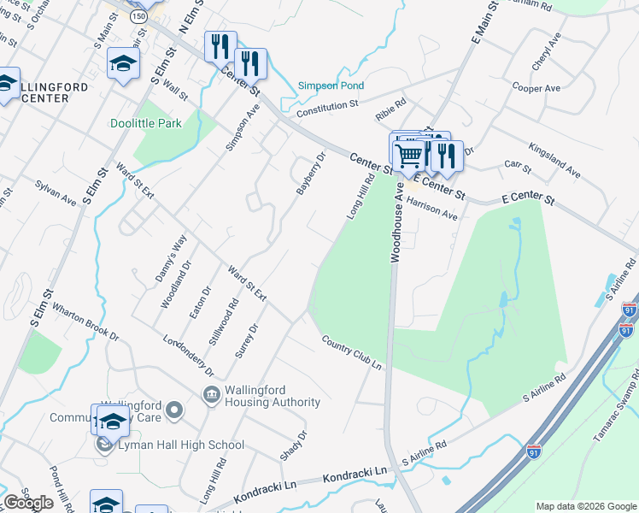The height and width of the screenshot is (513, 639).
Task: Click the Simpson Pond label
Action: pyautogui.click(x=331, y=85)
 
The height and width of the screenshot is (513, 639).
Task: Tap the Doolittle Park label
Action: pyautogui.click(x=146, y=123)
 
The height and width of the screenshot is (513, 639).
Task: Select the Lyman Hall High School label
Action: pyautogui.click(x=182, y=445)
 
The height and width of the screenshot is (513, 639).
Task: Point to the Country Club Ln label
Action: pyautogui.click(x=351, y=352)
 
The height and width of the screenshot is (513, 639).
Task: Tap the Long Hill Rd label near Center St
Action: pyautogui.click(x=361, y=197)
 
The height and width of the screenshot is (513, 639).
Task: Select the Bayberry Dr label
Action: pyautogui.click(x=312, y=174)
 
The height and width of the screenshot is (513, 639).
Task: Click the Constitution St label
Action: pyautogui.click(x=327, y=109)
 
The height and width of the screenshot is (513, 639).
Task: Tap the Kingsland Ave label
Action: pyautogui.click(x=554, y=161)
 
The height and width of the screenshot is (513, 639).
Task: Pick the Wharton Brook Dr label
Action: pyautogui.click(x=85, y=321)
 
